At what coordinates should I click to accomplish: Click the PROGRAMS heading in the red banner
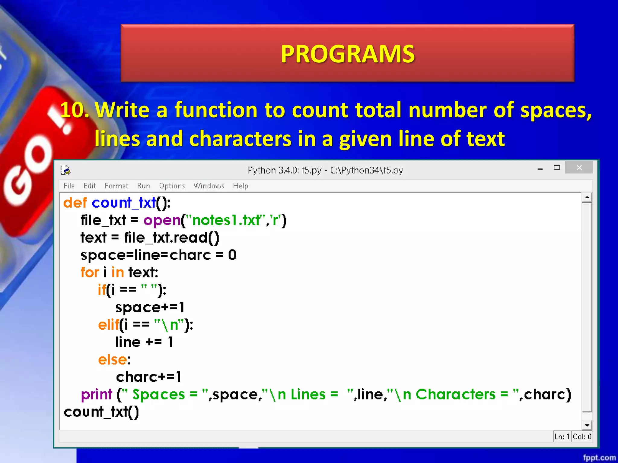348,54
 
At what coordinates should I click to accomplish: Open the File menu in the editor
69,186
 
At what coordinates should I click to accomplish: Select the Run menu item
143,186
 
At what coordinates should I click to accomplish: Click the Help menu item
241,186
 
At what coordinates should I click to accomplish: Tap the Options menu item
172,186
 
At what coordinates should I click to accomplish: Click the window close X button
579,168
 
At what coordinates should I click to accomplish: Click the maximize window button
557,168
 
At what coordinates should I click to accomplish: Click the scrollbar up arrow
587,198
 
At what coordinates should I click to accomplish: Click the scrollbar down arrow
587,425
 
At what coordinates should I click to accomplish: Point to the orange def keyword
75,203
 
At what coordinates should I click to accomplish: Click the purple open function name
162,220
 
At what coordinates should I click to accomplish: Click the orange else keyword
113,360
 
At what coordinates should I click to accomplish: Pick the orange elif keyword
108,325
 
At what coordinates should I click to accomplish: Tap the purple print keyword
96,395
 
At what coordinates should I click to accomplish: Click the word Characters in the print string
455,395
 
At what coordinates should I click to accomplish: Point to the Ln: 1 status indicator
562,436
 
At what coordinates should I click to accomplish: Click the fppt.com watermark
599,458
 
